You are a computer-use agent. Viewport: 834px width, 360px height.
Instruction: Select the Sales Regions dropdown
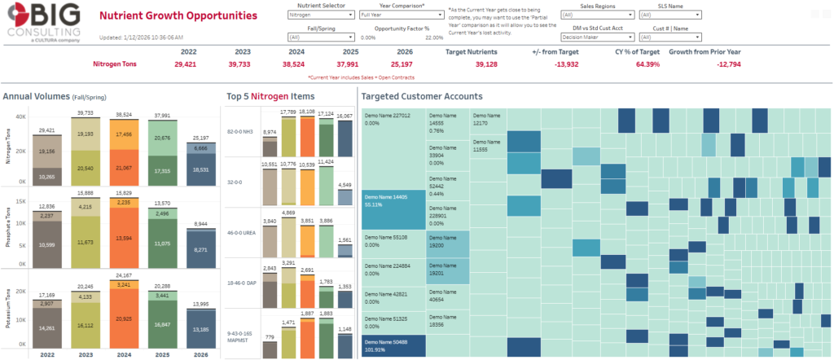tap(598, 15)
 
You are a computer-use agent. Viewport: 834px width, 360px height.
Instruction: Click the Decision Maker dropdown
tap(598, 37)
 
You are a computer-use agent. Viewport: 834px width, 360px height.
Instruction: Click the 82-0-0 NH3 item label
tap(241, 132)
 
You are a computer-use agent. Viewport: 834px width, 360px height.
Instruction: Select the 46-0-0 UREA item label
tap(241, 233)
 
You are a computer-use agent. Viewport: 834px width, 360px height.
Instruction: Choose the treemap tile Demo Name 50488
tap(391, 346)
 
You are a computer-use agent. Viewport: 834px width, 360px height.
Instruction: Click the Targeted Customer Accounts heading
tap(424, 96)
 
